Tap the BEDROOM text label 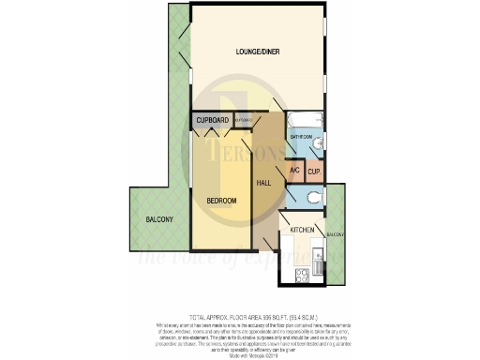(221, 201)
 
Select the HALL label (263, 182)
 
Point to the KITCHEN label (300, 230)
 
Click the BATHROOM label (300, 137)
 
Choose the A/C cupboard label (293, 171)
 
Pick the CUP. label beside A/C (313, 172)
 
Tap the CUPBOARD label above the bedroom (213, 121)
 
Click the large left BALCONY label (159, 219)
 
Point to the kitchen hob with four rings (301, 274)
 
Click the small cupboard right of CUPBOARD (242, 121)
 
